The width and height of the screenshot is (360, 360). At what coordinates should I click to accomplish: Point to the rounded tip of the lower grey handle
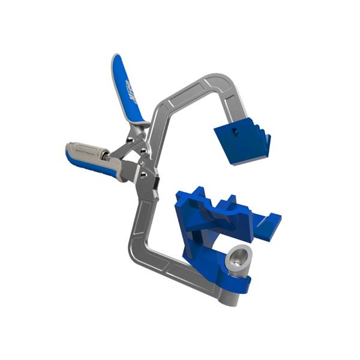point(69,150)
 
